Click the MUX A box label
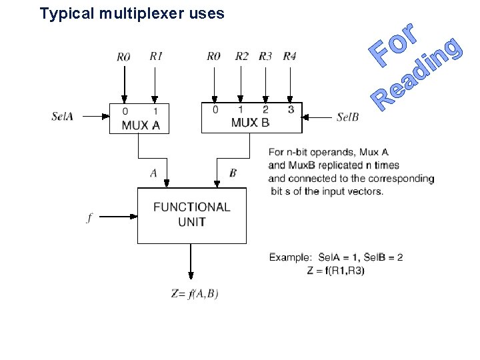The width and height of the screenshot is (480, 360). point(141,125)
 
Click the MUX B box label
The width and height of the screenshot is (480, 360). point(250,122)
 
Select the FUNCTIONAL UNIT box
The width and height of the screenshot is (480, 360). point(191,215)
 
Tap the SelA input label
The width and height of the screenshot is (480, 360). point(62,116)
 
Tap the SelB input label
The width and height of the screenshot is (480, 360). point(347,117)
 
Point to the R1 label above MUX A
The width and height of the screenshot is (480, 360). point(156,57)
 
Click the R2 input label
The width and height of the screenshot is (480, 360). point(241,57)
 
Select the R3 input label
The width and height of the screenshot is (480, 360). point(265,57)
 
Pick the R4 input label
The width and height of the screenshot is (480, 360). point(289,57)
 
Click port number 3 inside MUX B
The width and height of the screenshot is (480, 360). point(290,109)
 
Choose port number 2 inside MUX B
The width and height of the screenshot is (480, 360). point(265,109)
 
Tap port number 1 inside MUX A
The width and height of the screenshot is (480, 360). point(156,111)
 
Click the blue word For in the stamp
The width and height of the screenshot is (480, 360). point(395,45)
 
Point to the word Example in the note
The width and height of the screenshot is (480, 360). point(290,257)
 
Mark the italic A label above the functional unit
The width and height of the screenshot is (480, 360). point(153,173)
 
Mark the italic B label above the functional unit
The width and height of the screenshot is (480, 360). point(233,173)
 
